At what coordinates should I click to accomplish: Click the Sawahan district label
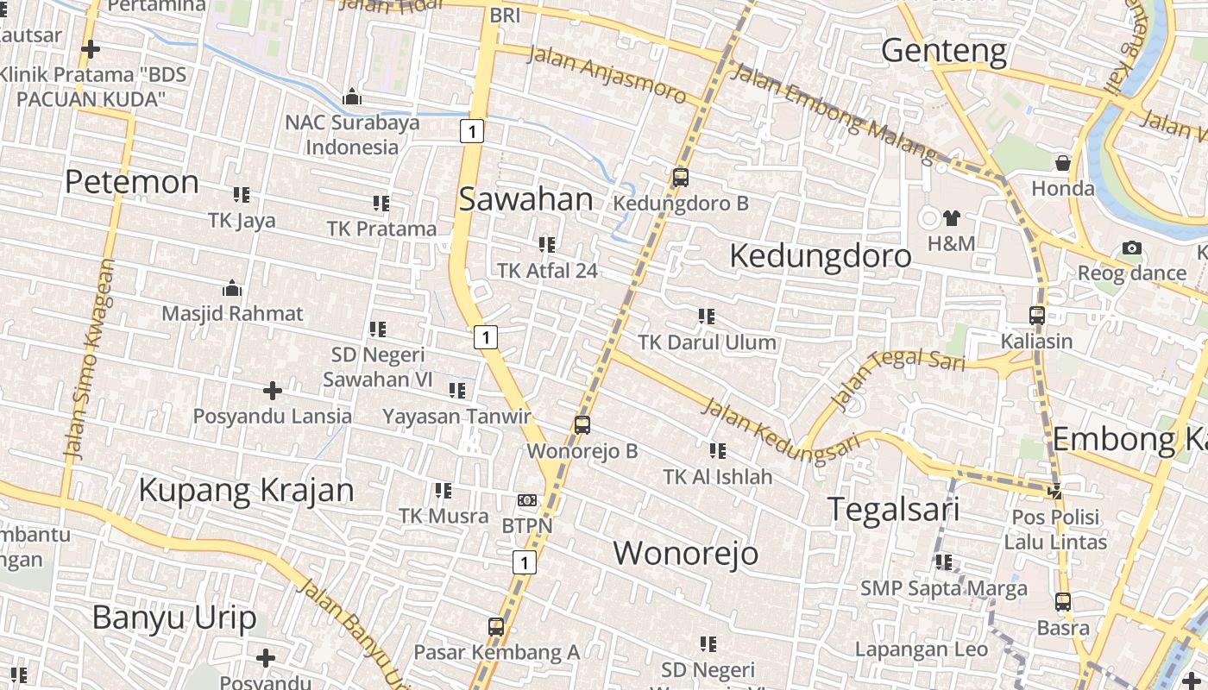tap(525, 199)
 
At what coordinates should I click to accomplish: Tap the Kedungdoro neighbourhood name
tap(820, 256)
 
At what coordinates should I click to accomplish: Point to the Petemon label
tap(132, 182)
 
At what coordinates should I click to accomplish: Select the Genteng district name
tap(944, 51)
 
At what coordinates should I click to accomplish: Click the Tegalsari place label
tap(893, 509)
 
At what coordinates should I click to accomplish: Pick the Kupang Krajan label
tap(246, 490)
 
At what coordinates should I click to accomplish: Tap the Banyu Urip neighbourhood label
tap(174, 618)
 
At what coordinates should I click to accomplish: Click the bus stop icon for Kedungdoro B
tap(681, 178)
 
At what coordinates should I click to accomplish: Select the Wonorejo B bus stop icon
tap(582, 424)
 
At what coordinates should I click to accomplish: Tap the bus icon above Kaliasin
tap(1037, 316)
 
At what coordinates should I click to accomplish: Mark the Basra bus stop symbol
tap(1063, 602)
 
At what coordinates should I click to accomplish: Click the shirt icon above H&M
tap(951, 218)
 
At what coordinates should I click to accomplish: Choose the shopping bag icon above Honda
tap(1063, 163)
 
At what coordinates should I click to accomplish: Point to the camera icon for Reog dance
tap(1132, 248)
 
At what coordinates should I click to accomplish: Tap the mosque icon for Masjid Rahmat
tap(232, 288)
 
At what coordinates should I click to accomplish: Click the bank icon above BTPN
tap(527, 500)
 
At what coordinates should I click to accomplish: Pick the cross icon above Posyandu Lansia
tap(273, 392)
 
